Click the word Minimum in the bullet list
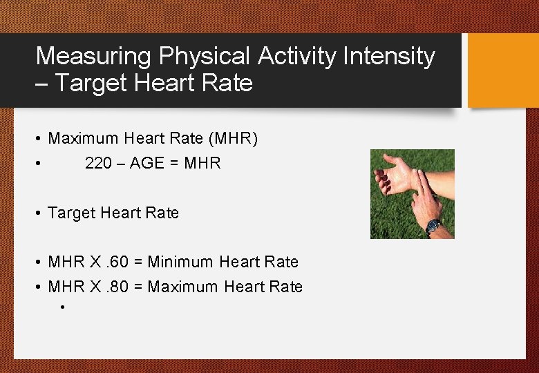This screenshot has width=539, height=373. click(x=180, y=262)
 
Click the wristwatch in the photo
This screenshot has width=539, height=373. click(x=433, y=225)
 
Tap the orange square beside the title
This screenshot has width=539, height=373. click(x=502, y=70)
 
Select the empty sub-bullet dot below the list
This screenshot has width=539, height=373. click(x=62, y=307)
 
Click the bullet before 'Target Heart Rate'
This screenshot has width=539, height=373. click(x=39, y=213)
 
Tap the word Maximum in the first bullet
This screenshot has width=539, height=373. click(x=83, y=139)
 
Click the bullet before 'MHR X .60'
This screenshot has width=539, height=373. click(x=39, y=262)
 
